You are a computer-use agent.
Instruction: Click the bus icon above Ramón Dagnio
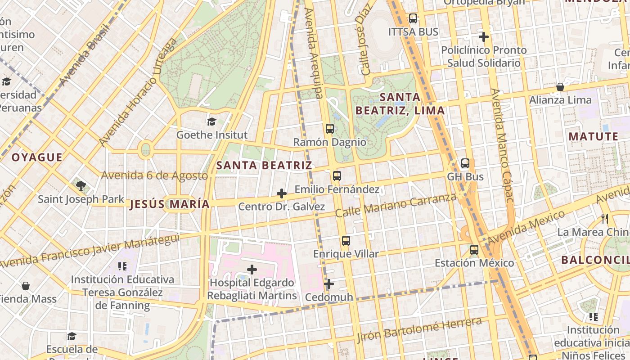coord(330,129)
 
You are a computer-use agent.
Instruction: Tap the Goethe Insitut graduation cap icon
coord(211,121)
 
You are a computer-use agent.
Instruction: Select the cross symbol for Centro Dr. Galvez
coord(282,193)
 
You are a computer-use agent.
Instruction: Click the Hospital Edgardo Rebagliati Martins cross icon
coord(252,270)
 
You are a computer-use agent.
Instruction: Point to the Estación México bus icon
coord(474,250)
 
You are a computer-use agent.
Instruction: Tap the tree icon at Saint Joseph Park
coord(81,185)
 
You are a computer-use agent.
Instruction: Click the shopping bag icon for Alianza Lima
coord(560,87)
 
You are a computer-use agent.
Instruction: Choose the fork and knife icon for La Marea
coord(605,219)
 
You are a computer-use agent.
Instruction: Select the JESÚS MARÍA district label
coord(170,204)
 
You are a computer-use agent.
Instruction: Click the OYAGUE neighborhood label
coord(37,157)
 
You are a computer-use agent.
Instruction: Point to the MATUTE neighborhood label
coord(594,136)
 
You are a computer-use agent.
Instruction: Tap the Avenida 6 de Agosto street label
coord(154,175)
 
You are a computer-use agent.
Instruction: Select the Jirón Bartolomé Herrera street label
coord(419,330)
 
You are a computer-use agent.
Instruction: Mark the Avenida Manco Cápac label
coord(502,145)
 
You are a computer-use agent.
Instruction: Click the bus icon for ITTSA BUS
coord(413,19)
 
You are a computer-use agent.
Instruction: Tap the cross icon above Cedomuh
coord(329,284)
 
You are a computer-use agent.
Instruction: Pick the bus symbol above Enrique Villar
coord(346,241)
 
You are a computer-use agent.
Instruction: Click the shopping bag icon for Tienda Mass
coord(26,286)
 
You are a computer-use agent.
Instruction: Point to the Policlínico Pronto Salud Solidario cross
coord(484,37)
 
